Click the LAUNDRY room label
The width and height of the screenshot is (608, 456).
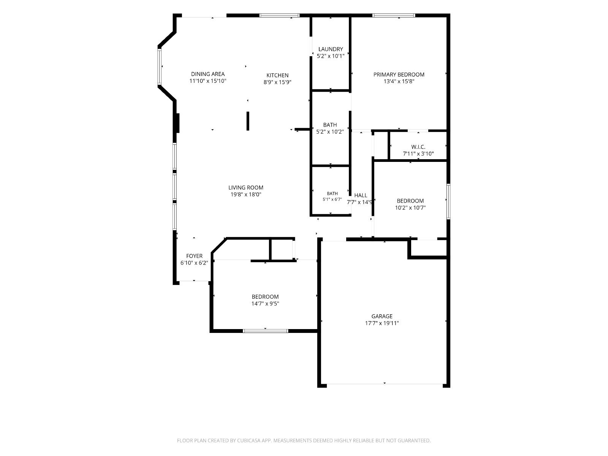coord(331,49)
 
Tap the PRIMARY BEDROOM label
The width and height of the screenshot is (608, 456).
coord(399,74)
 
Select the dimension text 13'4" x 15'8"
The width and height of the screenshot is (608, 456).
coord(399,81)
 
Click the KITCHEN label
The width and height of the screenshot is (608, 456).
coord(277,75)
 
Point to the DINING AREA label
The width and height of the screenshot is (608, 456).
coord(208,74)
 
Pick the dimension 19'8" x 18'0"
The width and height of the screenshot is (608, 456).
coord(246,194)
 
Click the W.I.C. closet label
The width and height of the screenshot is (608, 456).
coord(418,147)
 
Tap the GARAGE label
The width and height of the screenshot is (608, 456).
coord(382,316)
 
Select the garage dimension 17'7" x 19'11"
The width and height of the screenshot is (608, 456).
coord(382,323)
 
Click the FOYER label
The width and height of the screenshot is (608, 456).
coord(194,256)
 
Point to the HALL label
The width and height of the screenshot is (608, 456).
coord(361,195)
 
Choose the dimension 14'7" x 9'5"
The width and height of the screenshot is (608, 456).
coord(265,304)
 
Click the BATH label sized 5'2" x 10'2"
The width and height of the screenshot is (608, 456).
coord(330,125)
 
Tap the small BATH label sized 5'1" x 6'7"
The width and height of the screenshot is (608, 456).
coord(332,193)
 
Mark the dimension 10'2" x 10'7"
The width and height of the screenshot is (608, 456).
coord(410,207)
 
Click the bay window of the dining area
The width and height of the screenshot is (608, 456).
coord(159,66)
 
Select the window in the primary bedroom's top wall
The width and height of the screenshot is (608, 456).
coord(394,16)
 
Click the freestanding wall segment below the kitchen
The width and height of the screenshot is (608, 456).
coord(248,121)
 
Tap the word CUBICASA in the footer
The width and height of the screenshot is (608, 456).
coord(249,440)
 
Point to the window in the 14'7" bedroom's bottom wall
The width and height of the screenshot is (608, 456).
coord(265,331)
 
